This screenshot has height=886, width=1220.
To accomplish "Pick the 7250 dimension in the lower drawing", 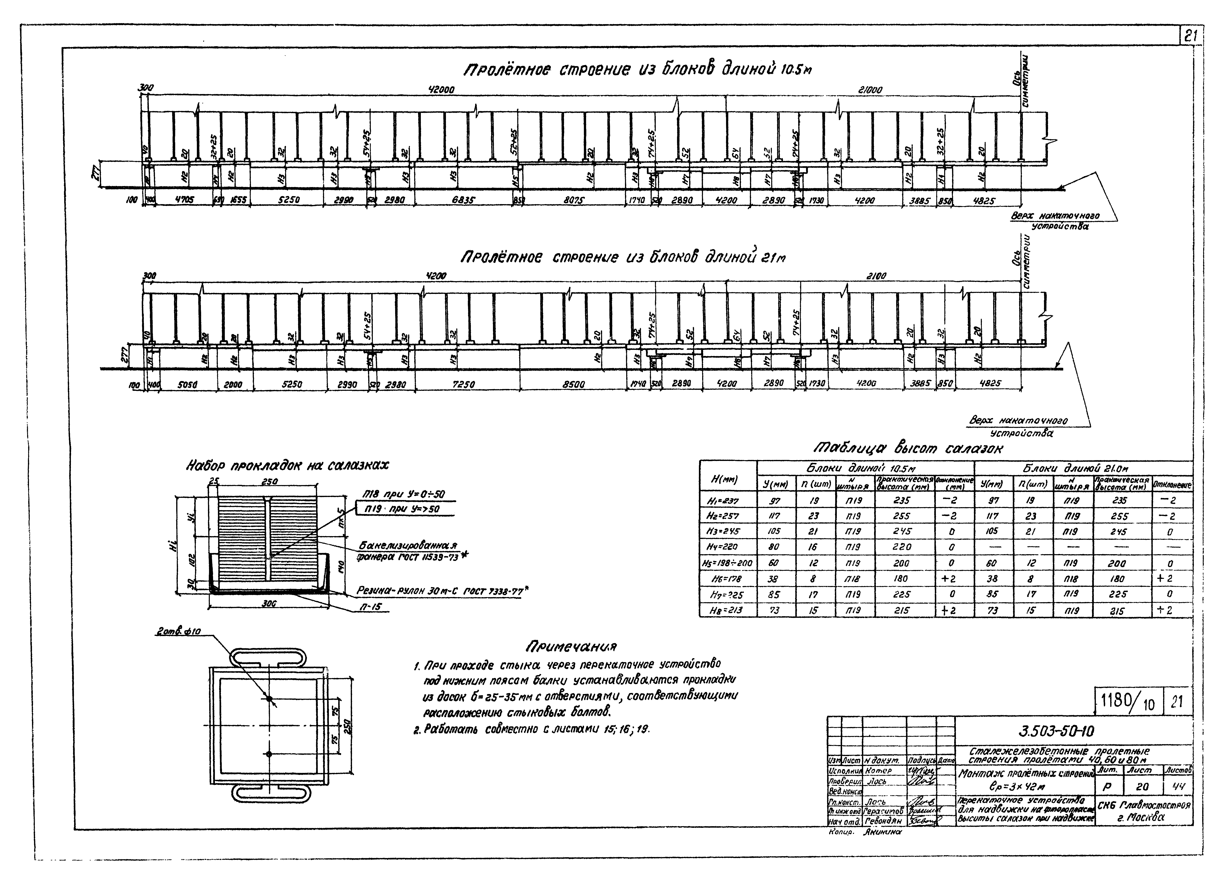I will (463, 384).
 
